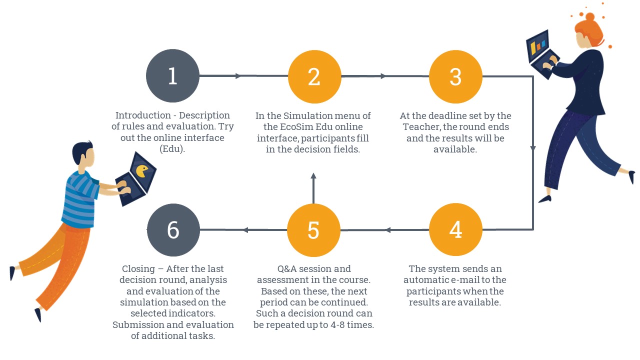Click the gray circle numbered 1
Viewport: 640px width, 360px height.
point(172,75)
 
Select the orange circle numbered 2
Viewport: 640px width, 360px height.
point(314,76)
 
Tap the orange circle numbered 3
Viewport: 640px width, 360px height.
point(455,76)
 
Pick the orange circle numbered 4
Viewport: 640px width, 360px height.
point(455,229)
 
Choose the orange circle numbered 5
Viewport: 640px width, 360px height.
point(313,230)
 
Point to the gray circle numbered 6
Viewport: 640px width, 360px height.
point(173,229)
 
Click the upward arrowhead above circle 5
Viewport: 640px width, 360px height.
point(313,175)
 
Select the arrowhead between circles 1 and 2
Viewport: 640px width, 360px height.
point(238,75)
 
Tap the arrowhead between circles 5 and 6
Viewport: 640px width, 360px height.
point(245,229)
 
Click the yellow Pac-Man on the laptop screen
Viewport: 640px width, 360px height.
point(141,170)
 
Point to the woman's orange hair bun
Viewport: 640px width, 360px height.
point(589,17)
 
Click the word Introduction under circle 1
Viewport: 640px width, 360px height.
point(143,115)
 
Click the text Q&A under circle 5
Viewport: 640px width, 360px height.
point(287,268)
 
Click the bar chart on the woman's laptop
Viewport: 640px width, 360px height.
point(537,46)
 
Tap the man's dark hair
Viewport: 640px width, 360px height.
point(81,151)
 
